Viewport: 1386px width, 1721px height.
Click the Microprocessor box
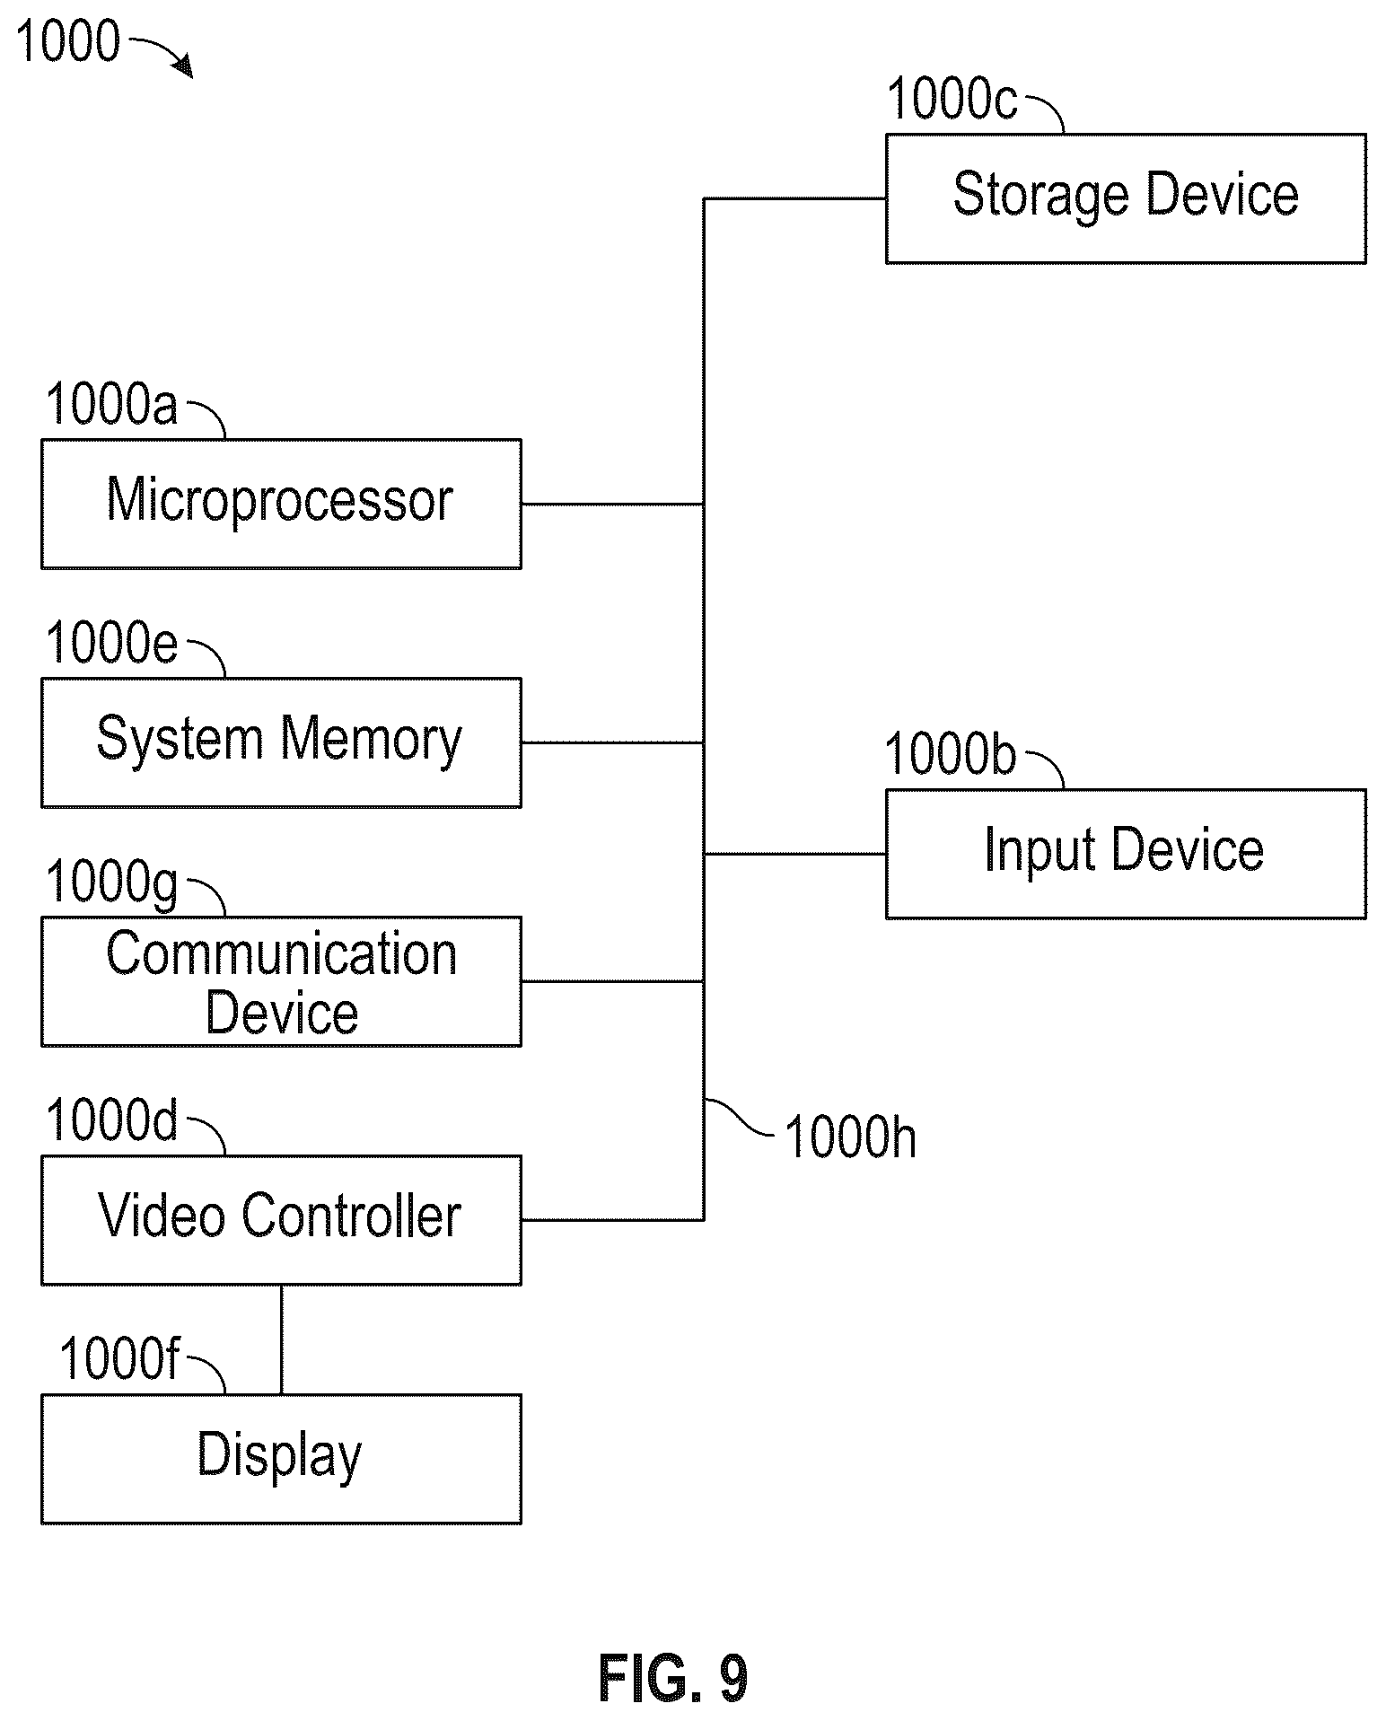click(281, 504)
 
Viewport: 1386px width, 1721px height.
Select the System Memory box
click(281, 742)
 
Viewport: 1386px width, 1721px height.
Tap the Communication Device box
click(281, 981)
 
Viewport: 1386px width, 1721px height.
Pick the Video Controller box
click(281, 1220)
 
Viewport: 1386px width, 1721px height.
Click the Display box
click(281, 1459)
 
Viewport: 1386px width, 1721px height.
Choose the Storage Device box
click(1126, 198)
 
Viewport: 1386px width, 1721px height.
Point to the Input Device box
click(1126, 854)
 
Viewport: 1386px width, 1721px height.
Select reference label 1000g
click(111, 884)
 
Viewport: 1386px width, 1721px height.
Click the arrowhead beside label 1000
click(183, 66)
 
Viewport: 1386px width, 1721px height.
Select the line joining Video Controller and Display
click(281, 1339)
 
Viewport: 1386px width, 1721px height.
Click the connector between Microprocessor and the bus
click(612, 504)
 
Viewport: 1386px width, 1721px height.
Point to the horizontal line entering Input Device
click(795, 854)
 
